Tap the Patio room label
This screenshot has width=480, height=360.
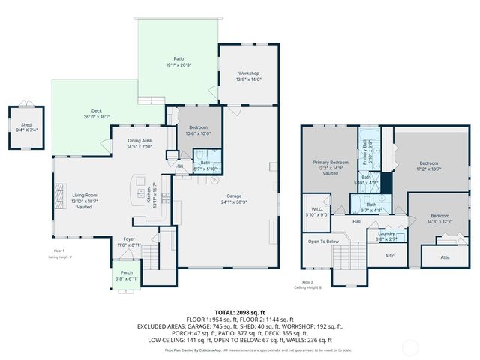pyautogui.click(x=178, y=58)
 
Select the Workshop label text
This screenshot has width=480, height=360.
pyautogui.click(x=248, y=73)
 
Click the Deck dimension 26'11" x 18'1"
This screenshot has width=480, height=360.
pyautogui.click(x=96, y=117)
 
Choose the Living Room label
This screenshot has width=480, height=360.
pyautogui.click(x=85, y=196)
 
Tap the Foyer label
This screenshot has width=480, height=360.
pyautogui.click(x=130, y=239)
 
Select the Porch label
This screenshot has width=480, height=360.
pyautogui.click(x=121, y=272)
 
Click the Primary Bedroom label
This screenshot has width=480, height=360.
pyautogui.click(x=331, y=162)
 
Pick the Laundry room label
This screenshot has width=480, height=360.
pyautogui.click(x=387, y=233)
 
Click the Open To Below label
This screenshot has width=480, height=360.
pyautogui.click(x=323, y=241)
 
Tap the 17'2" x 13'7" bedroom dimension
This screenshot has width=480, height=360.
pyautogui.click(x=428, y=169)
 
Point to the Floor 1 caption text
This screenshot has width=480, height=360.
pyautogui.click(x=59, y=250)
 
